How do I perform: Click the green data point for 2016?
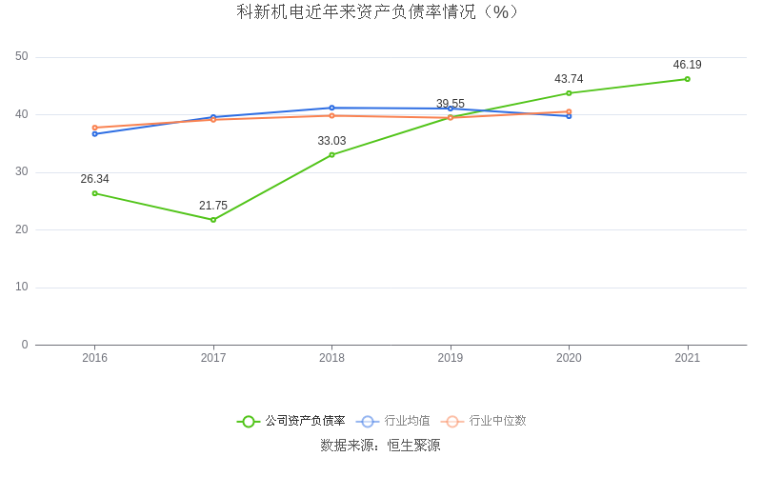(94, 193)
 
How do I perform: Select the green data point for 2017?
(213, 220)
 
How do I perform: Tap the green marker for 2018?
(331, 154)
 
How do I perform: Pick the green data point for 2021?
(688, 79)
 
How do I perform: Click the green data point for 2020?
(569, 93)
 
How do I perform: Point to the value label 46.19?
(687, 65)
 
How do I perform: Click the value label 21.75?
(213, 206)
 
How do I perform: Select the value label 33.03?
(331, 141)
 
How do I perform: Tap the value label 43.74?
(569, 79)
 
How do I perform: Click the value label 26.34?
(94, 179)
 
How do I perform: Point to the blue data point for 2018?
(331, 108)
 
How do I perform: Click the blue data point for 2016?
(94, 133)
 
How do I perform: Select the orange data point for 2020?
(569, 111)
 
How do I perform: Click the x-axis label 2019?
(451, 358)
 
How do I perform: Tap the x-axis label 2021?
(687, 358)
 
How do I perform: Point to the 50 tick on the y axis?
(22, 57)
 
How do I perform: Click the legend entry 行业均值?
(407, 421)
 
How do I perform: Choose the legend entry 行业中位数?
(497, 421)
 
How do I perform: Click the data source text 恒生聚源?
(413, 446)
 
